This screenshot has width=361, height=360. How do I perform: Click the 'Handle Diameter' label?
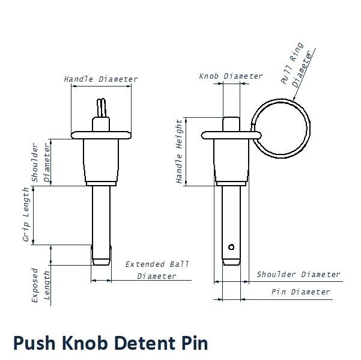point(101,79)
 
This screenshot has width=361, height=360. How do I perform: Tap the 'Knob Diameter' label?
point(231,76)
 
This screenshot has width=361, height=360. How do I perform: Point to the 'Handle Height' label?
point(179,151)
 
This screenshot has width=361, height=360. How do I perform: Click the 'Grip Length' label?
point(26,215)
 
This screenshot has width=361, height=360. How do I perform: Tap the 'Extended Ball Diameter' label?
point(157,270)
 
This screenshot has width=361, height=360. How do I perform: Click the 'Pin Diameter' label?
point(301,292)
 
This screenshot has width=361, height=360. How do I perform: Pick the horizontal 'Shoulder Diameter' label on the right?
point(299,275)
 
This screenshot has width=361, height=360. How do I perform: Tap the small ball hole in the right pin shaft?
point(231,246)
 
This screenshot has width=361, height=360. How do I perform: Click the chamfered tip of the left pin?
point(101,257)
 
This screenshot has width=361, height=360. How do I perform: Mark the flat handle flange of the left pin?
point(100,133)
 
